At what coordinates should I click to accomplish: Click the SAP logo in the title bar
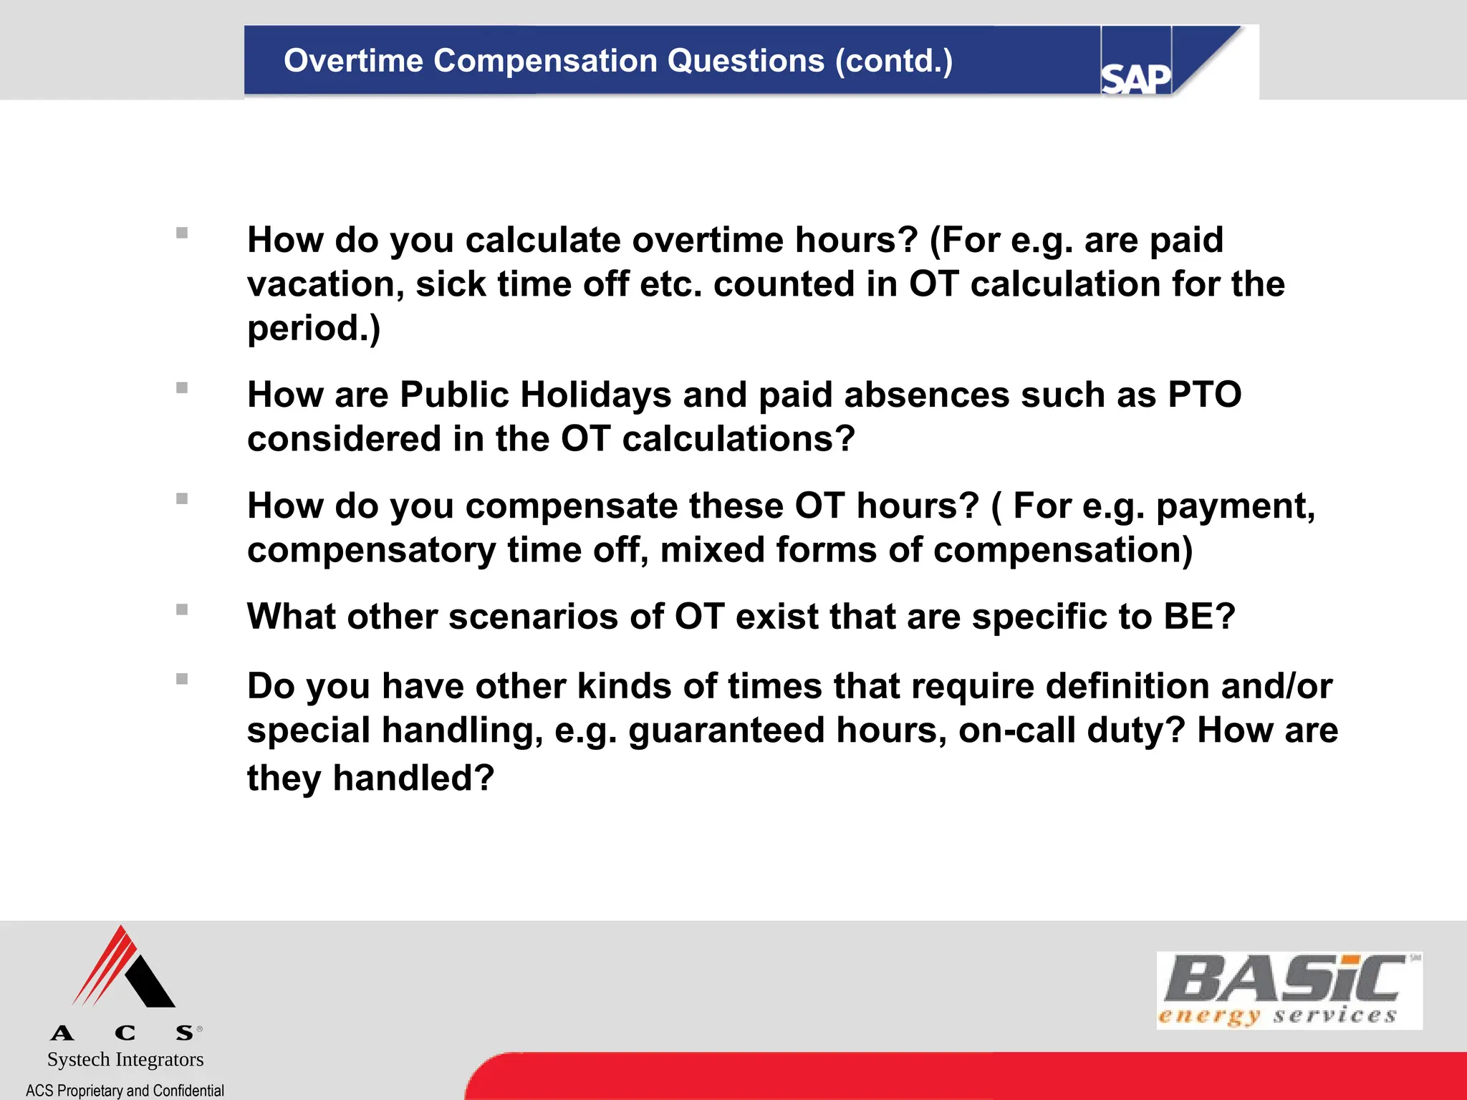pyautogui.click(x=1135, y=77)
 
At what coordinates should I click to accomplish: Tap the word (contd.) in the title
pyautogui.click(x=894, y=61)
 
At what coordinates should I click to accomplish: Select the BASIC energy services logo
pyautogui.click(x=1288, y=990)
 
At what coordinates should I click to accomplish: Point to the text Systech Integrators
pyautogui.click(x=125, y=1059)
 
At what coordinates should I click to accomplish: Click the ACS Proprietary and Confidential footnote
pyautogui.click(x=125, y=1090)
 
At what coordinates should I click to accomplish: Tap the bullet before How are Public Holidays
pyautogui.click(x=182, y=388)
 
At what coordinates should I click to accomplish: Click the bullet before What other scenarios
pyautogui.click(x=182, y=609)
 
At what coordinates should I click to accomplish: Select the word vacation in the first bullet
pyautogui.click(x=325, y=284)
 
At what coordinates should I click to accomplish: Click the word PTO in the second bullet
pyautogui.click(x=1204, y=395)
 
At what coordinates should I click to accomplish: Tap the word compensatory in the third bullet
pyautogui.click(x=371, y=551)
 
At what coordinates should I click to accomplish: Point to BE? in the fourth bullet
pyautogui.click(x=1200, y=617)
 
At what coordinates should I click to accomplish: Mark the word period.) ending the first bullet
pyautogui.click(x=314, y=329)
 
